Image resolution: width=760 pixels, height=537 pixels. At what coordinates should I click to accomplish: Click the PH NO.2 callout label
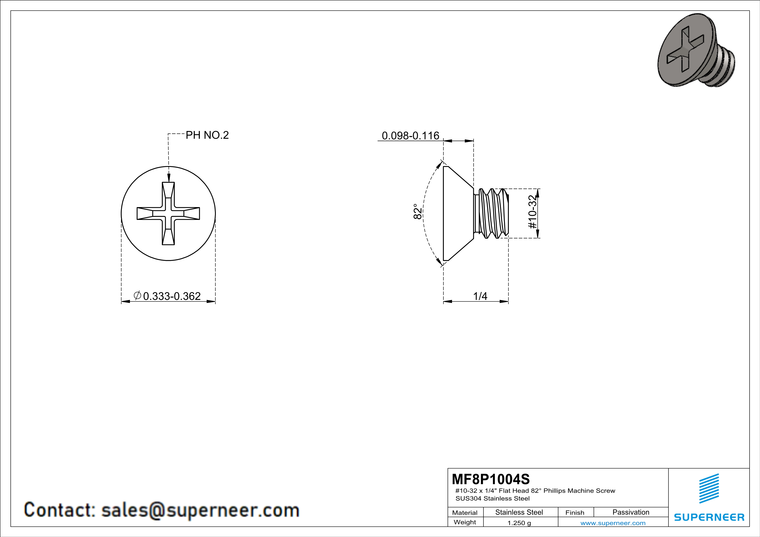[207, 135]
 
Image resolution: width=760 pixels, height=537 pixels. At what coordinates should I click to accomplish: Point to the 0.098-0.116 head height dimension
[410, 136]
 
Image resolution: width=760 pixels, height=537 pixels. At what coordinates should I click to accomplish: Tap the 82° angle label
[418, 212]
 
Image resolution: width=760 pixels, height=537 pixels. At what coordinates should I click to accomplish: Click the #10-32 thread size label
[532, 212]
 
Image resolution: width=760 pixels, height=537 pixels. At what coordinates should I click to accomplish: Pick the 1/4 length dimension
[480, 296]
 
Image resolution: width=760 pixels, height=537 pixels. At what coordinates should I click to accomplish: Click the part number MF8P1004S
[491, 479]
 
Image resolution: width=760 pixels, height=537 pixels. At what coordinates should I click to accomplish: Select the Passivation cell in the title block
[631, 512]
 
